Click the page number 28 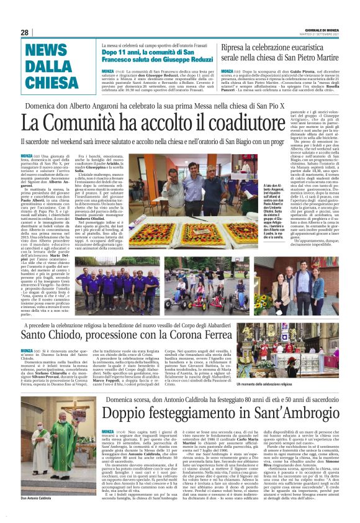click(25, 33)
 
